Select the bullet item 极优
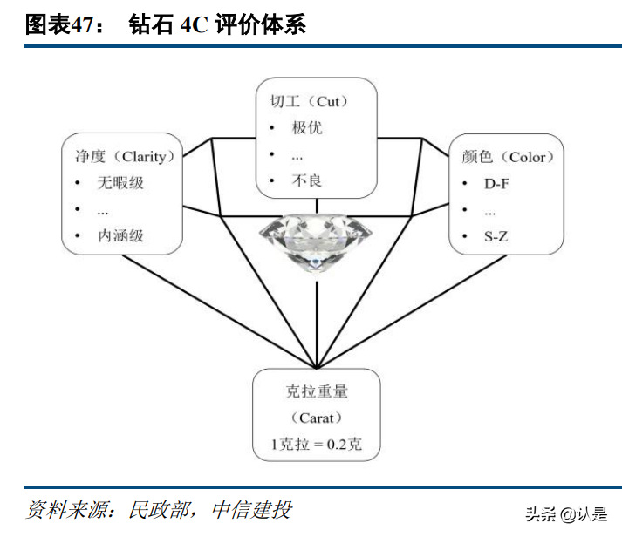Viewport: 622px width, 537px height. [307, 128]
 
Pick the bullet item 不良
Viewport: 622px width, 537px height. [307, 180]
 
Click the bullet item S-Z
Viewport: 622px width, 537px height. [496, 235]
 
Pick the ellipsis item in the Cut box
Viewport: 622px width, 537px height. [297, 154]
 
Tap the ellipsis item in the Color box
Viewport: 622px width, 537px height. [489, 210]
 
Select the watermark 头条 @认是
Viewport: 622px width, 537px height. [566, 513]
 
